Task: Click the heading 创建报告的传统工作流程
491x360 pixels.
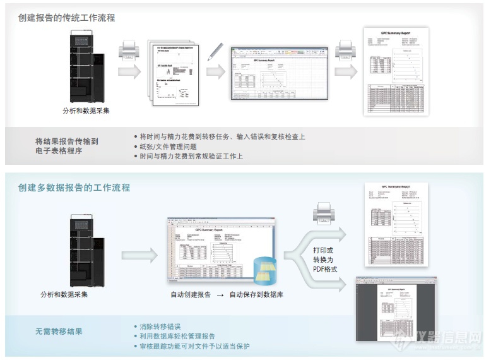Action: click(x=66, y=18)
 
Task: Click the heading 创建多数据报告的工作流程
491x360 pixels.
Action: click(x=74, y=188)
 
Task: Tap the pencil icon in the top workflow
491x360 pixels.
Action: click(x=215, y=51)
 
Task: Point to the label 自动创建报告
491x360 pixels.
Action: click(x=191, y=294)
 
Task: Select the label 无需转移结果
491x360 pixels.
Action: click(x=59, y=331)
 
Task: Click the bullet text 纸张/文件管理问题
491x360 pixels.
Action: click(x=168, y=147)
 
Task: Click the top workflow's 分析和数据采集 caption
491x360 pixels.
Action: click(x=86, y=111)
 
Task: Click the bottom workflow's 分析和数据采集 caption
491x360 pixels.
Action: click(x=64, y=294)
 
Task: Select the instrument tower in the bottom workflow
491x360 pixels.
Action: click(x=87, y=251)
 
